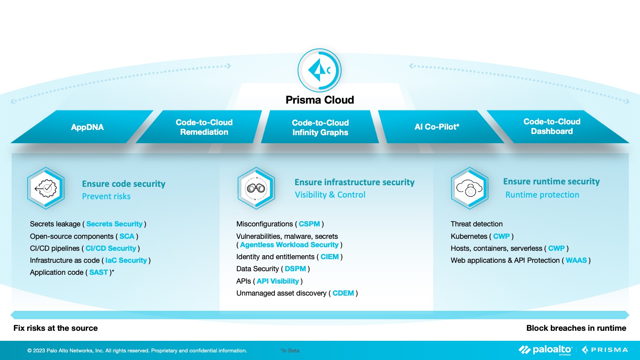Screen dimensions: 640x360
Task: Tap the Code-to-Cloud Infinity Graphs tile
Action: (x=320, y=127)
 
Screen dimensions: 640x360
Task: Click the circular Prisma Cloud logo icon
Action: (x=320, y=70)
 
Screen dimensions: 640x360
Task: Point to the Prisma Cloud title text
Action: (x=320, y=100)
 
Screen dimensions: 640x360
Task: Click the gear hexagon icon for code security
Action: (x=46, y=188)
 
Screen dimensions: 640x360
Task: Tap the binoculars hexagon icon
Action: (x=256, y=188)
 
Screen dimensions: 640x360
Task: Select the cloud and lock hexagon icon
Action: (x=470, y=188)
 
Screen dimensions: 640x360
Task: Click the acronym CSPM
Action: (x=309, y=224)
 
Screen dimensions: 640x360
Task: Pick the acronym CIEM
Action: (x=330, y=257)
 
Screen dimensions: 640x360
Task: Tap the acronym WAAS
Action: (x=576, y=260)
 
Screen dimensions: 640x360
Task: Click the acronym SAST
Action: (x=98, y=272)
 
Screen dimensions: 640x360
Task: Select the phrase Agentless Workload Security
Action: (x=289, y=245)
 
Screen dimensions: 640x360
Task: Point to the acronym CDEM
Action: (x=343, y=293)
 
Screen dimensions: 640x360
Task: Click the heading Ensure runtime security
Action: (x=552, y=182)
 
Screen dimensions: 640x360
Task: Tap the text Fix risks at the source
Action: (x=56, y=328)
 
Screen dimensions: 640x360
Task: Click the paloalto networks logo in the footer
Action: (x=546, y=350)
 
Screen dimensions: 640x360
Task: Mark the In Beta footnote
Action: (x=290, y=350)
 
